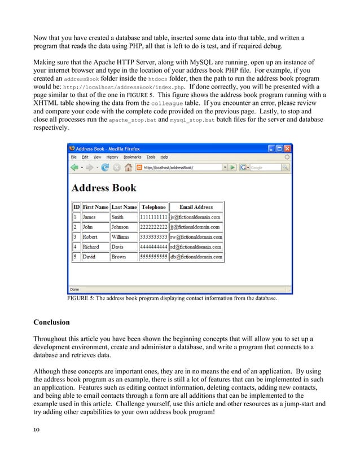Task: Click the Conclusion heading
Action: (x=51, y=323)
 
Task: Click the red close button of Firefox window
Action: (x=288, y=148)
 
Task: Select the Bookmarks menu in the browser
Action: (x=133, y=157)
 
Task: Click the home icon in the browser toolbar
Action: (x=129, y=168)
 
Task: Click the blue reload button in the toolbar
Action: (x=105, y=168)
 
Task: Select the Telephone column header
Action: (x=153, y=207)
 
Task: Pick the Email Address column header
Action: (x=196, y=207)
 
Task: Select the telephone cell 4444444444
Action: (x=153, y=247)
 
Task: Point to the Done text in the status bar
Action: (x=74, y=289)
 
